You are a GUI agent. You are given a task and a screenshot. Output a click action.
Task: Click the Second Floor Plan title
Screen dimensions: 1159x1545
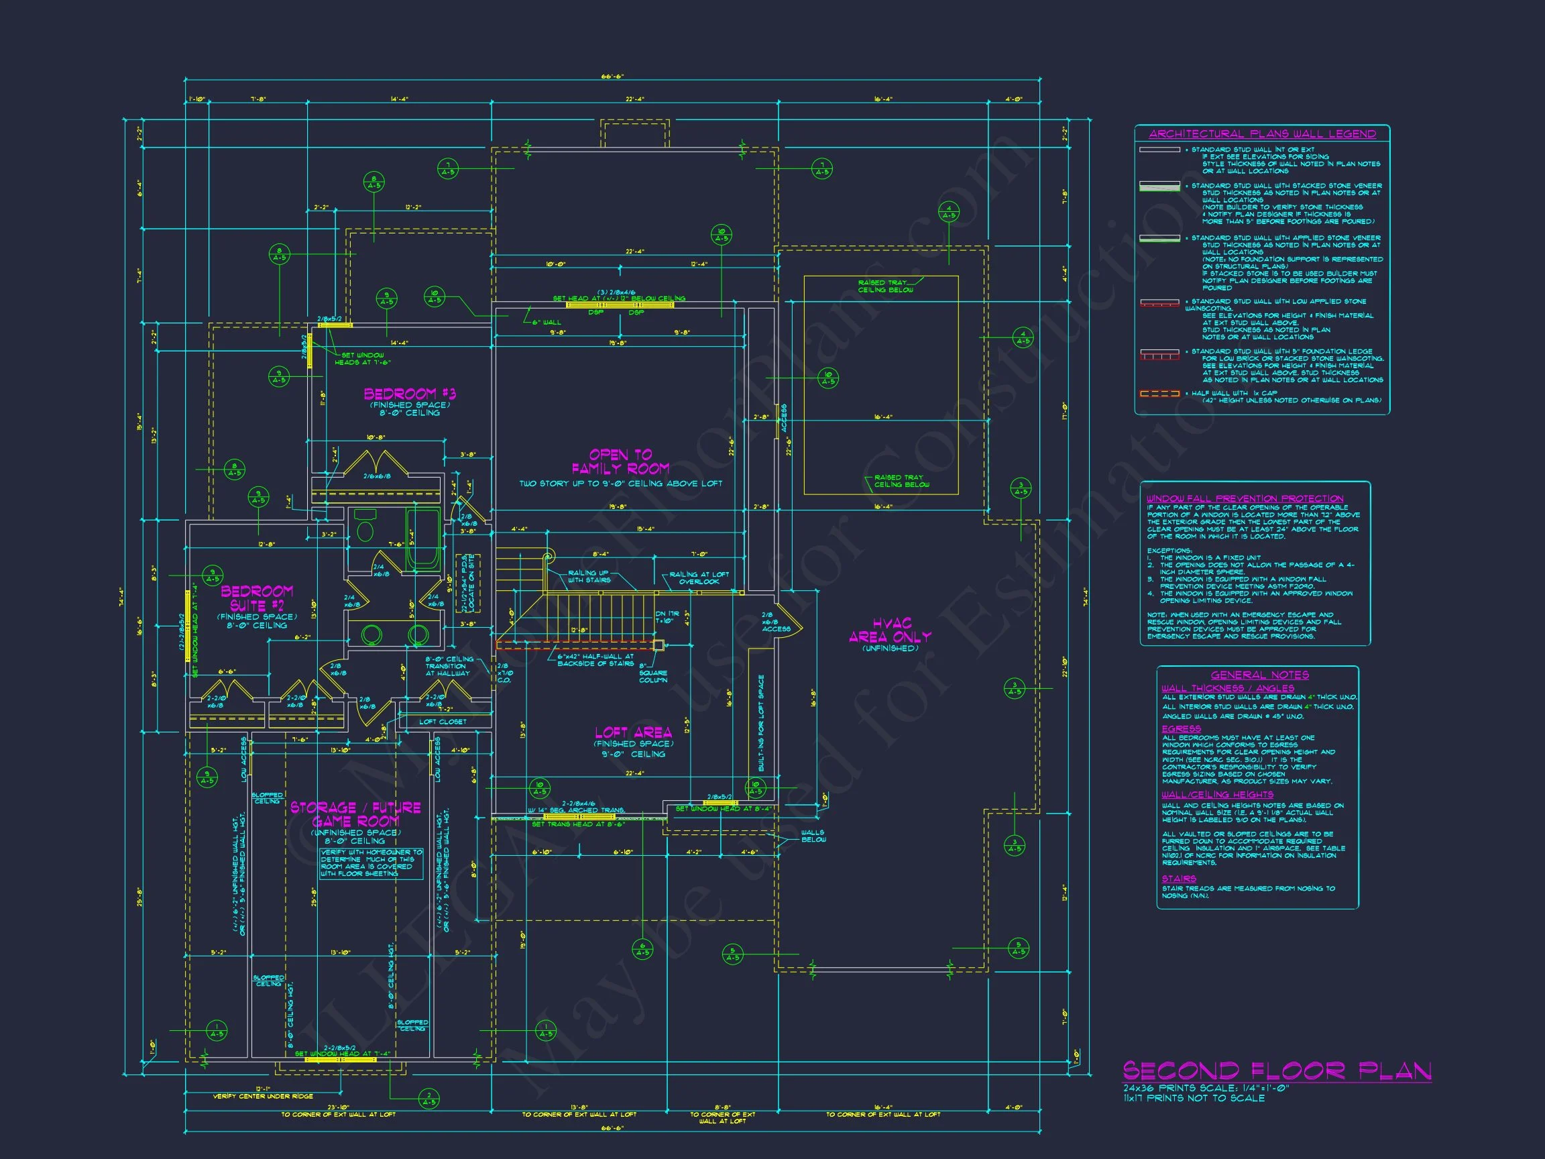point(1277,1071)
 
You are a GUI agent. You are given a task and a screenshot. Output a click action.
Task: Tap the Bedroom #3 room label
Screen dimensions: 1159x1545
point(409,394)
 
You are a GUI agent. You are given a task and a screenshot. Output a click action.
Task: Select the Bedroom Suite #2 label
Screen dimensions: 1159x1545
point(257,598)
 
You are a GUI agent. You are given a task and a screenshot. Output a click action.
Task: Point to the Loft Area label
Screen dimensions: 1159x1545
point(633,732)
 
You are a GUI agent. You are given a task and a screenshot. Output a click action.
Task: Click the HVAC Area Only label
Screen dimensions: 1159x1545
point(890,630)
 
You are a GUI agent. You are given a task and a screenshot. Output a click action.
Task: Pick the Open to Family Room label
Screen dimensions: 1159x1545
point(620,461)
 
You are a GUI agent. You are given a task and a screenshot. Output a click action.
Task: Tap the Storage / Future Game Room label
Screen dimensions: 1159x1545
point(355,814)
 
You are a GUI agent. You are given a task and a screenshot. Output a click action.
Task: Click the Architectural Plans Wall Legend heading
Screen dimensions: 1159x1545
point(1262,133)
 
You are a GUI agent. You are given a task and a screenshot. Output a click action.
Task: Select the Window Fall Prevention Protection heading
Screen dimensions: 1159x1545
point(1245,498)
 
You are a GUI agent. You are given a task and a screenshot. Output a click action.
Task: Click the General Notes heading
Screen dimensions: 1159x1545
point(1260,675)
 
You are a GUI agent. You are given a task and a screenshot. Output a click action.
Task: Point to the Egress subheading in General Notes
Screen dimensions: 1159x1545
point(1181,728)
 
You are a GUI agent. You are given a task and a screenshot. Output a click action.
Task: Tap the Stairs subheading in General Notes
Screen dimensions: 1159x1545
point(1179,879)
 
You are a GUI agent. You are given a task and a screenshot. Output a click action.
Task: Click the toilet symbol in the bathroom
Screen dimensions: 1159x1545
point(365,528)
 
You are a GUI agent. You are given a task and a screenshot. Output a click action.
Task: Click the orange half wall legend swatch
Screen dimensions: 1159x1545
point(1159,394)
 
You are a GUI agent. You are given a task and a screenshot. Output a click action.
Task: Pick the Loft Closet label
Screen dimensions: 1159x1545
point(442,722)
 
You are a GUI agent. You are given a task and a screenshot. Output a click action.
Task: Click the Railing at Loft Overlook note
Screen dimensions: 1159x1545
point(699,577)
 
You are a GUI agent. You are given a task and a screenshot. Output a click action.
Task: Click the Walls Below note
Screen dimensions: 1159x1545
point(812,836)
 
